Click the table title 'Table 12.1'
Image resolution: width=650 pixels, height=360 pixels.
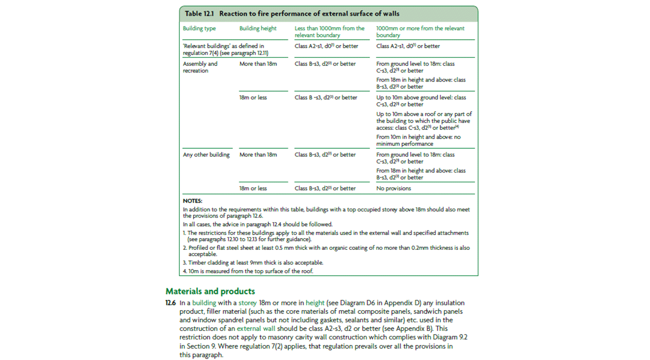pyautogui.click(x=199, y=14)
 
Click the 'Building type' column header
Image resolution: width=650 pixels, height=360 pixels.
pyautogui.click(x=200, y=29)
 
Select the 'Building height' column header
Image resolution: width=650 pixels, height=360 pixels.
pyautogui.click(x=258, y=29)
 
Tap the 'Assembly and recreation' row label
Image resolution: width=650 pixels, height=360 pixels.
pyautogui.click(x=200, y=67)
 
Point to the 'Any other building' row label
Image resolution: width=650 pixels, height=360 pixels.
pyautogui.click(x=206, y=155)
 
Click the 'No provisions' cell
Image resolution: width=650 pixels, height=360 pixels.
pyautogui.click(x=393, y=188)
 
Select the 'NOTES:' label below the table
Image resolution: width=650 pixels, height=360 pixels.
pyautogui.click(x=193, y=201)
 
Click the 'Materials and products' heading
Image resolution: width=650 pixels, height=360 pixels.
pyautogui.click(x=210, y=291)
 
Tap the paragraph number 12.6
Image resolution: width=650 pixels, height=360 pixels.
pyautogui.click(x=170, y=303)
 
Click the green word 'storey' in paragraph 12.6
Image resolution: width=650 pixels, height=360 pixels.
pyautogui.click(x=247, y=303)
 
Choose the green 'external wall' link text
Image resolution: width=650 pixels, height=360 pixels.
pyautogui.click(x=256, y=329)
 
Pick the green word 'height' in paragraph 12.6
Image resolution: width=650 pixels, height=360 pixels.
pyautogui.click(x=315, y=303)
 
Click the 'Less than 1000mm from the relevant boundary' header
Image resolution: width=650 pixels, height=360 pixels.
pyautogui.click(x=329, y=32)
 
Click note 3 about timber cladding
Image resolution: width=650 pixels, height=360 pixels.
pyautogui.click(x=253, y=263)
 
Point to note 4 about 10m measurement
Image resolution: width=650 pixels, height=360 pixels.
pyautogui.click(x=248, y=271)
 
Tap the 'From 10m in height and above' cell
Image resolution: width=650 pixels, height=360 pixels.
pyautogui.click(x=418, y=140)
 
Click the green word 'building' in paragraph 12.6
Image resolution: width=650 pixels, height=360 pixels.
pyautogui.click(x=204, y=303)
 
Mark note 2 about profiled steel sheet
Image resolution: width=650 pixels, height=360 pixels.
pyautogui.click(x=326, y=251)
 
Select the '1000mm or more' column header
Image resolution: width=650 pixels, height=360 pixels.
pyautogui.click(x=420, y=32)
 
